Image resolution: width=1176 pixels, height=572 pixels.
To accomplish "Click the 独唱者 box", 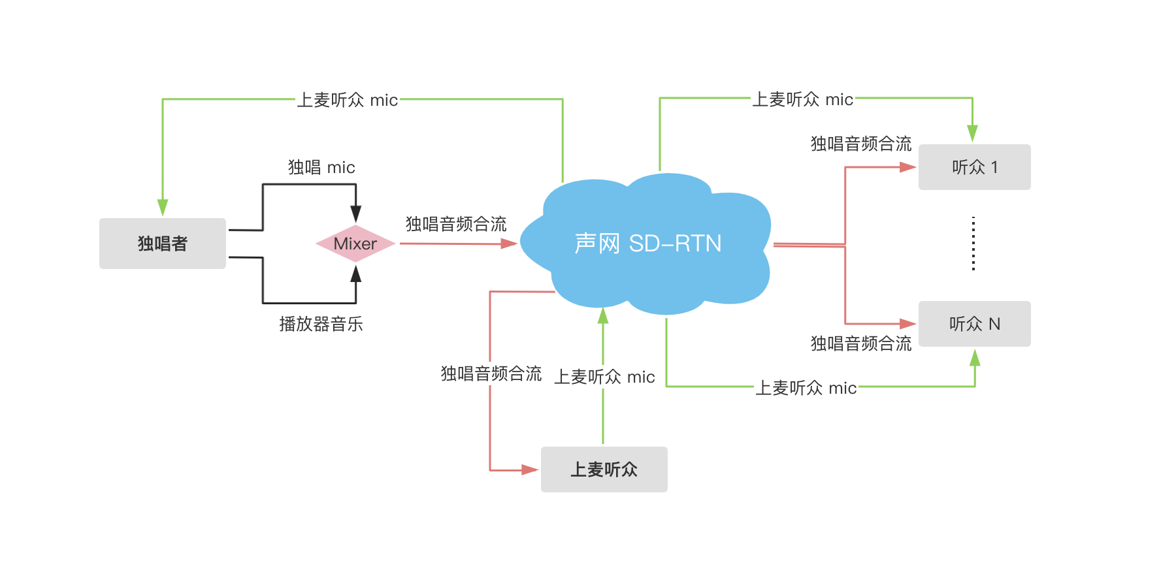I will click(x=163, y=244).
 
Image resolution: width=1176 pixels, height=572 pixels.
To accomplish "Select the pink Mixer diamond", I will click(x=355, y=244).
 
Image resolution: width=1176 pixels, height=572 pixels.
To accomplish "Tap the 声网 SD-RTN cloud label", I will click(x=647, y=244).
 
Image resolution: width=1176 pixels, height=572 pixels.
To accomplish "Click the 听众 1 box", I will click(x=974, y=167).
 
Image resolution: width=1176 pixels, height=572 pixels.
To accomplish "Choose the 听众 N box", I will click(x=974, y=324).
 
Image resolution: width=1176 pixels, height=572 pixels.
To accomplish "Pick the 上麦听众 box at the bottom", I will click(x=604, y=469).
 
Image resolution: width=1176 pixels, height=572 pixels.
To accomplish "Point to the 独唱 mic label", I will click(x=321, y=168).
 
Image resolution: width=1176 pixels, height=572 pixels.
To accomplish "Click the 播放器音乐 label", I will click(x=321, y=324).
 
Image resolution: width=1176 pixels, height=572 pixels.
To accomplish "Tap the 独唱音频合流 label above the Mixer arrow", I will click(x=456, y=225).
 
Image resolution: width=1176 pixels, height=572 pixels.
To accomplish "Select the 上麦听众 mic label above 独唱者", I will click(x=347, y=100).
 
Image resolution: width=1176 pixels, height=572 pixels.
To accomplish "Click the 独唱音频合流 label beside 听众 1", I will click(x=860, y=144).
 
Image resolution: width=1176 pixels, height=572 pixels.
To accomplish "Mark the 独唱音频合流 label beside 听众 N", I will click(x=860, y=343).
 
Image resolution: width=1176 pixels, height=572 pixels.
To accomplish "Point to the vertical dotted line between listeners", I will click(x=973, y=244).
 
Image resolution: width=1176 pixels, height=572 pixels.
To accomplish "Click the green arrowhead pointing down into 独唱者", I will click(x=163, y=207).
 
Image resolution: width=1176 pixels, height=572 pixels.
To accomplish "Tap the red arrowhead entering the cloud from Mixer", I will click(x=509, y=244).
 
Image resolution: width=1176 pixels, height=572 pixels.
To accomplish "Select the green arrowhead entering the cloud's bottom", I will click(x=603, y=316).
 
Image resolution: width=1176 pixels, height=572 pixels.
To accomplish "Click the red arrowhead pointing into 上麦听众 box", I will click(x=530, y=469).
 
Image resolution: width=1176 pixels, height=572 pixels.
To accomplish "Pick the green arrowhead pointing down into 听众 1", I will click(x=972, y=133).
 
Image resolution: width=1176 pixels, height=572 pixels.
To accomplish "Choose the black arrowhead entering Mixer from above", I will click(x=355, y=213).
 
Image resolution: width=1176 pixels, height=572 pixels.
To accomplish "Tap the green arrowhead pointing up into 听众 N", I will click(x=975, y=358).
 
